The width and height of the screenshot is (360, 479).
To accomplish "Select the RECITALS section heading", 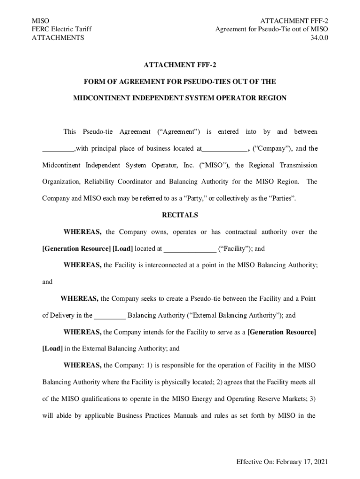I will tap(180, 216).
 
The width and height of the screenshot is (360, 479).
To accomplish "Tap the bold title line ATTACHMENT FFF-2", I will tap(180, 65).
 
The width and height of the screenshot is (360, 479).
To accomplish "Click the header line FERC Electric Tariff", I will tap(61, 29).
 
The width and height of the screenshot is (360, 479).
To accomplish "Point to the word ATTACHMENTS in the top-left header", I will tap(58, 38).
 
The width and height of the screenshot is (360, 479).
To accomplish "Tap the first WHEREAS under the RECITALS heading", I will tap(82, 232).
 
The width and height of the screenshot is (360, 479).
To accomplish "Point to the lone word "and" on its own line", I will tap(48, 282).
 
